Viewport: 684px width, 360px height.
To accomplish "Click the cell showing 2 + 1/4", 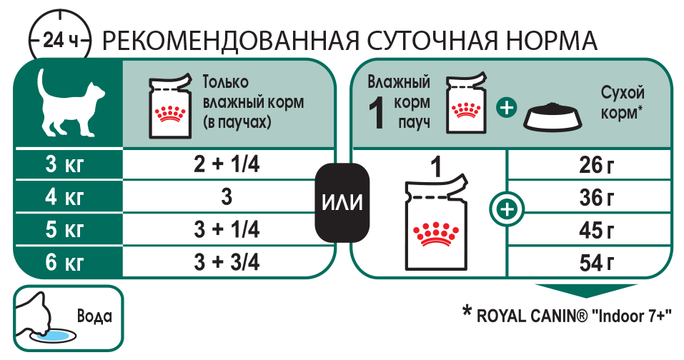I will [x=227, y=165].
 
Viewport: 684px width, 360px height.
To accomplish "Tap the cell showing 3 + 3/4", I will [x=227, y=262].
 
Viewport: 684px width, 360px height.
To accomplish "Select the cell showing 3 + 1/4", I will [x=227, y=230].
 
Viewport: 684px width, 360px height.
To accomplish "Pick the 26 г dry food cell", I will [x=597, y=166].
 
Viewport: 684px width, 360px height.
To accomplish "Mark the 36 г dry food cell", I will [x=597, y=198].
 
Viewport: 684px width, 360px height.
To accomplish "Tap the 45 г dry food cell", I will [x=597, y=231].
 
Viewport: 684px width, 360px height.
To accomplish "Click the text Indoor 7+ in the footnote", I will [x=632, y=314].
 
